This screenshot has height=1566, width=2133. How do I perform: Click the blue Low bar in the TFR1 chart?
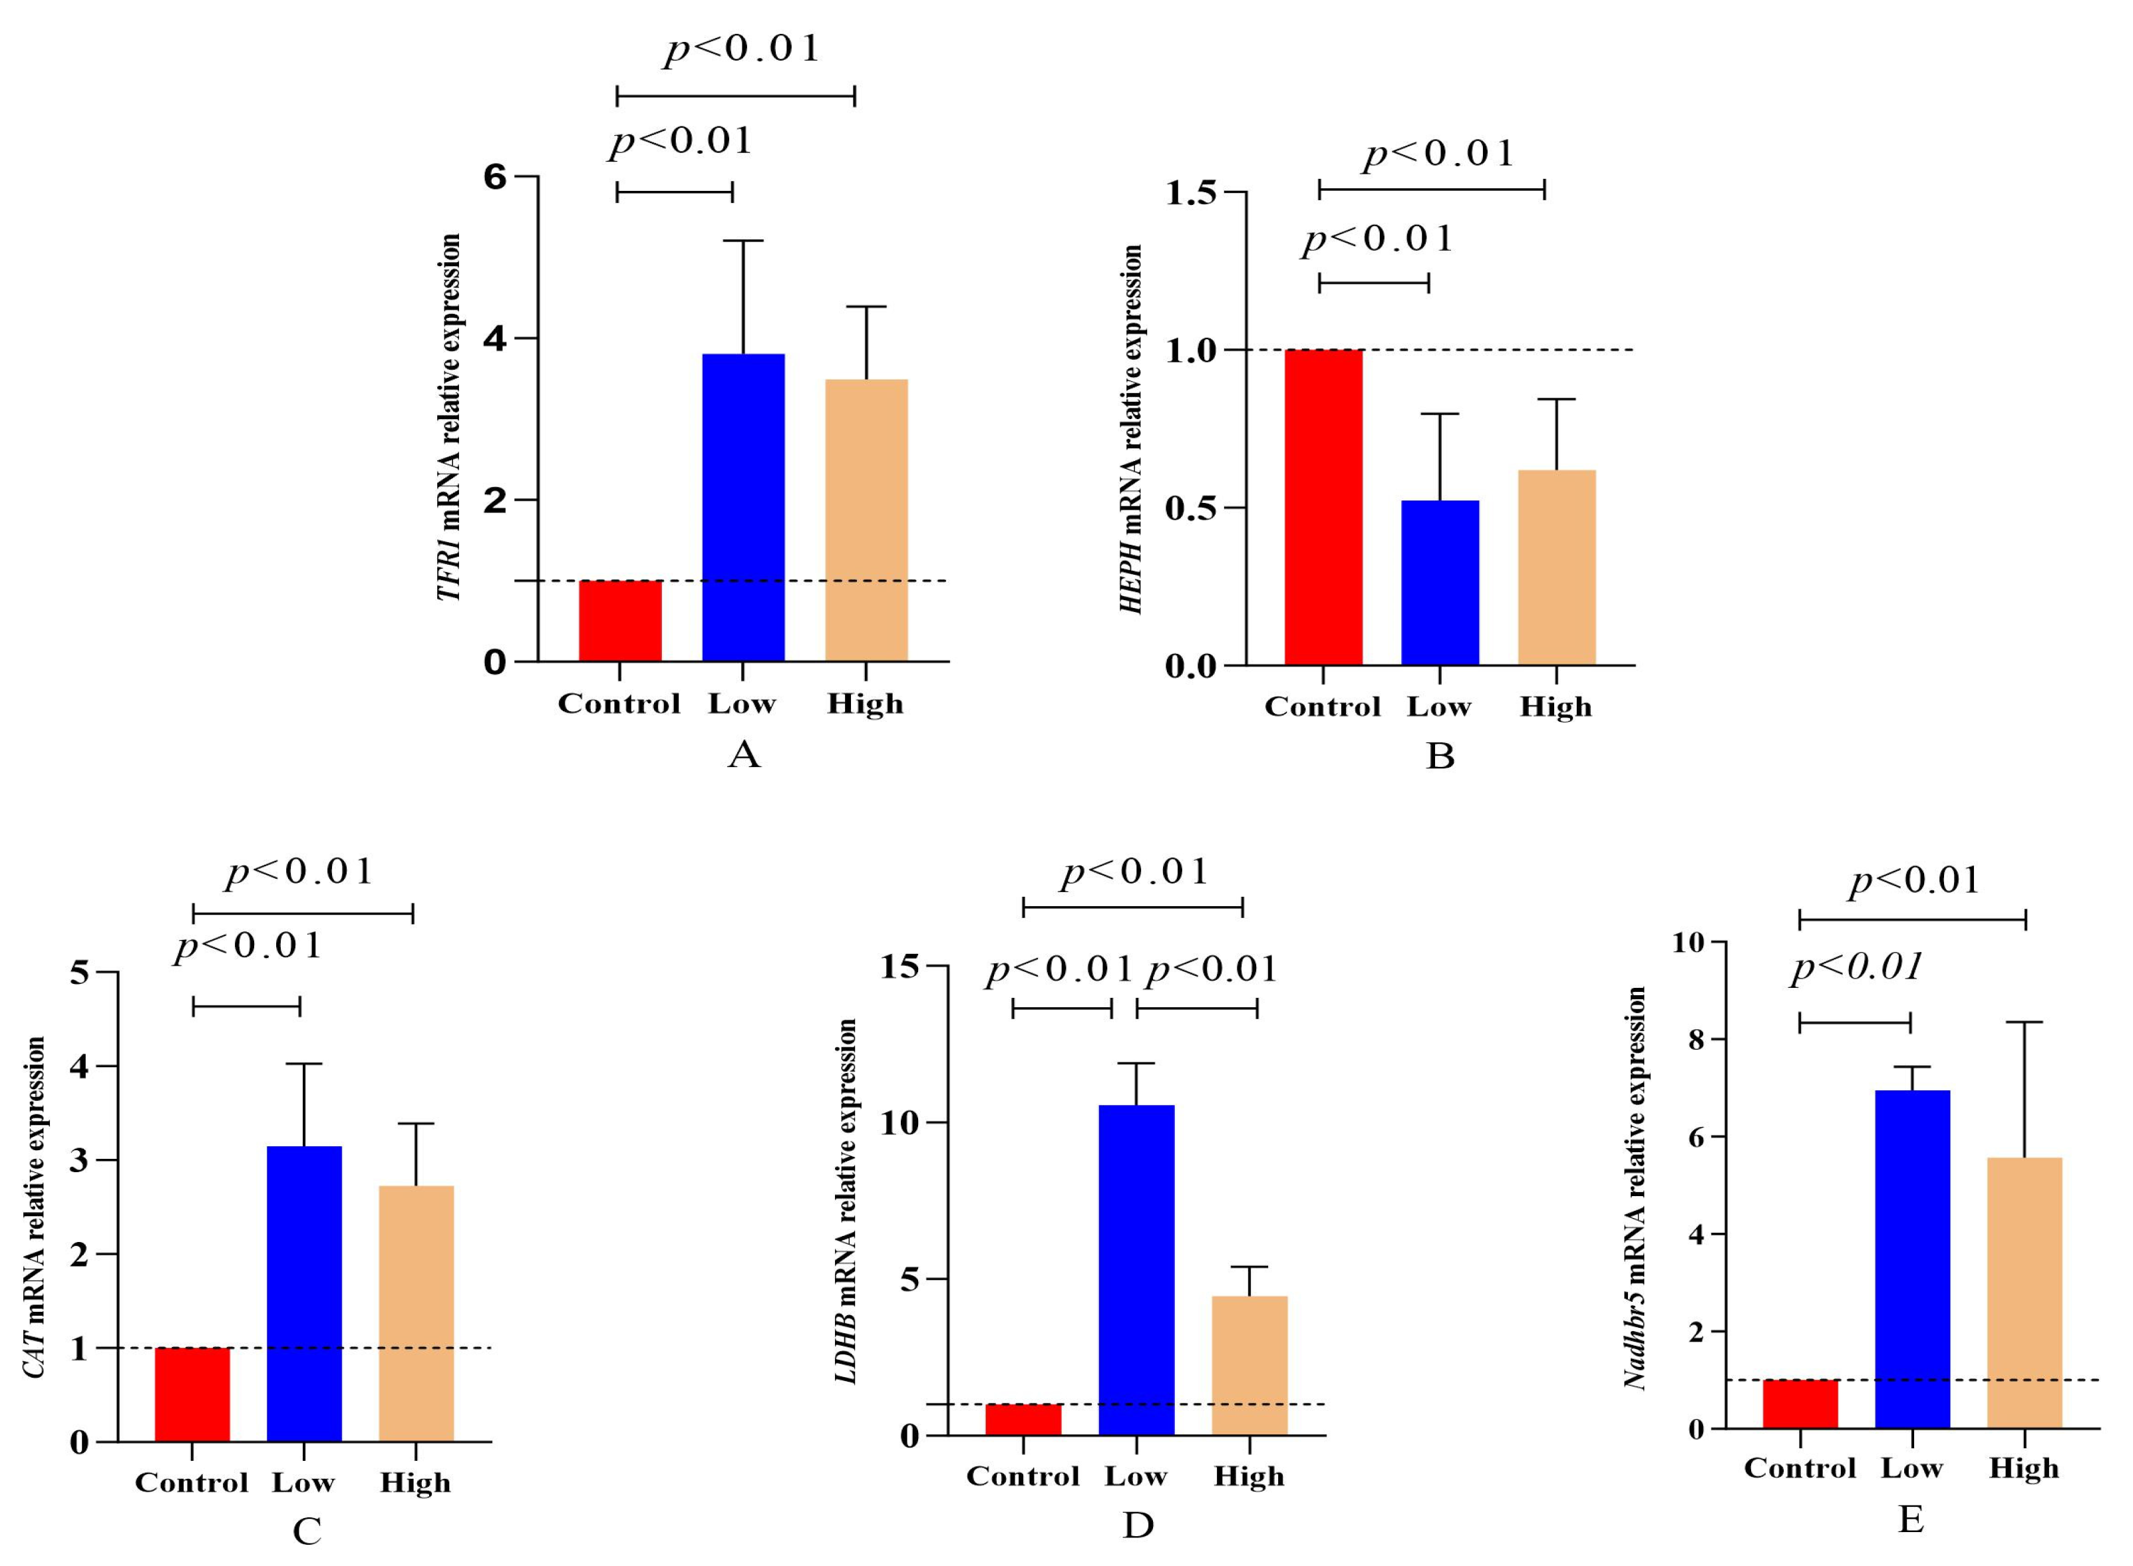click(742, 507)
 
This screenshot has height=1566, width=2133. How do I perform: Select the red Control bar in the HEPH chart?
click(1323, 507)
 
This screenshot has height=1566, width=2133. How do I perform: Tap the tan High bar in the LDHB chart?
click(1249, 1365)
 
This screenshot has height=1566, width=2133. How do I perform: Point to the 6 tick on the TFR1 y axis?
click(495, 177)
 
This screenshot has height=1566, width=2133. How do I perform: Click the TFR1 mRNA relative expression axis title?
click(448, 417)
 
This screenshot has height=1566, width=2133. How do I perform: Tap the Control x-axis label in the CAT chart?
click(192, 1483)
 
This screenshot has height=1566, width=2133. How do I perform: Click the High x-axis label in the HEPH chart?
click(1556, 706)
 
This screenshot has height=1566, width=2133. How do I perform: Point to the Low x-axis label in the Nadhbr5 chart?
click(1911, 1468)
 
